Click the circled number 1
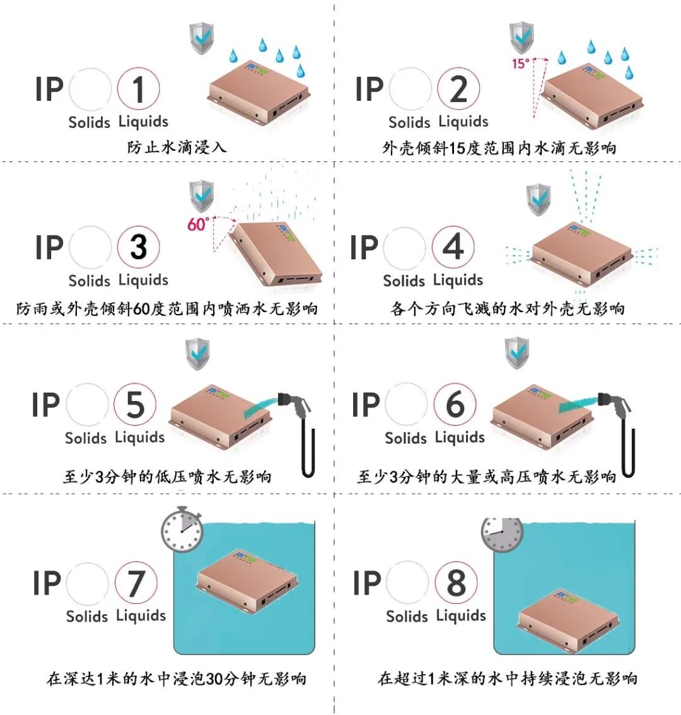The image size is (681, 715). coord(138,89)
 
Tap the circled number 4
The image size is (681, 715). coord(453,247)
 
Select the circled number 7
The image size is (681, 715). coord(136,583)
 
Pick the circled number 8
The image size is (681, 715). coord(455,583)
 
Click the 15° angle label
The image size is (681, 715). coord(520,63)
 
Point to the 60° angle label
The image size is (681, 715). coord(197,224)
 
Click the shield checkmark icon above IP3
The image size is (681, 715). coord(201,196)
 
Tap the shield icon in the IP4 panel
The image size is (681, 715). coord(538,200)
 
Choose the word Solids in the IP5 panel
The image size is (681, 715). coord(86,438)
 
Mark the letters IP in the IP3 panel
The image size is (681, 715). coord(49,247)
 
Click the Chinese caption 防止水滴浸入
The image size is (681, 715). coord(177,148)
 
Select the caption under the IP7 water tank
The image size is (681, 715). coord(177,679)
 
